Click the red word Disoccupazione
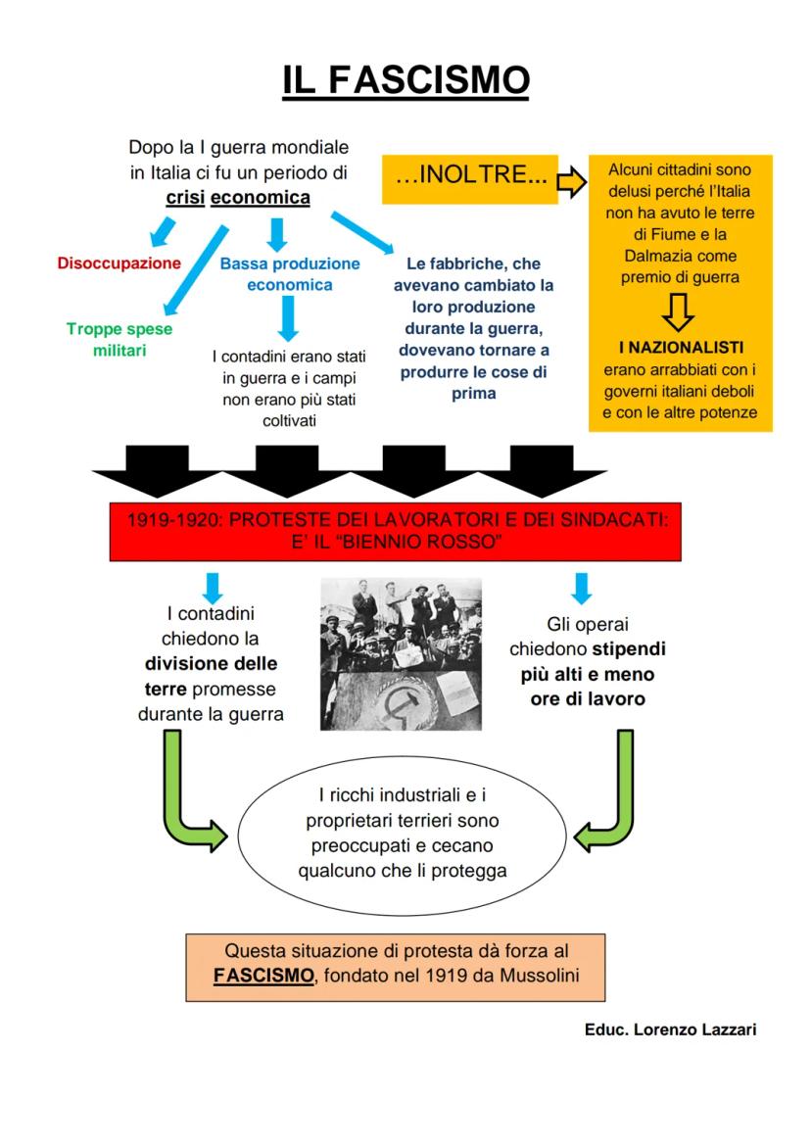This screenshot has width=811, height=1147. point(119,263)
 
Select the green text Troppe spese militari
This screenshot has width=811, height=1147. point(119,340)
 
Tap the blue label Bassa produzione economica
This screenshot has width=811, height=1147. point(289,274)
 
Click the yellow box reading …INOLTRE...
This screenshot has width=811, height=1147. point(470,179)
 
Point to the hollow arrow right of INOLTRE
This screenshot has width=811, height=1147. point(571,179)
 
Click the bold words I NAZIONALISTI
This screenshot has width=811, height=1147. point(681,348)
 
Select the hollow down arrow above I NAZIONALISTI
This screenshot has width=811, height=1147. point(679,311)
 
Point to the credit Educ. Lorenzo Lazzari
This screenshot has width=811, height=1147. point(670,1029)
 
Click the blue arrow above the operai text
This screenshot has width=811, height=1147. point(582,588)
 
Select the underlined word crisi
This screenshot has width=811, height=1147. point(185,198)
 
